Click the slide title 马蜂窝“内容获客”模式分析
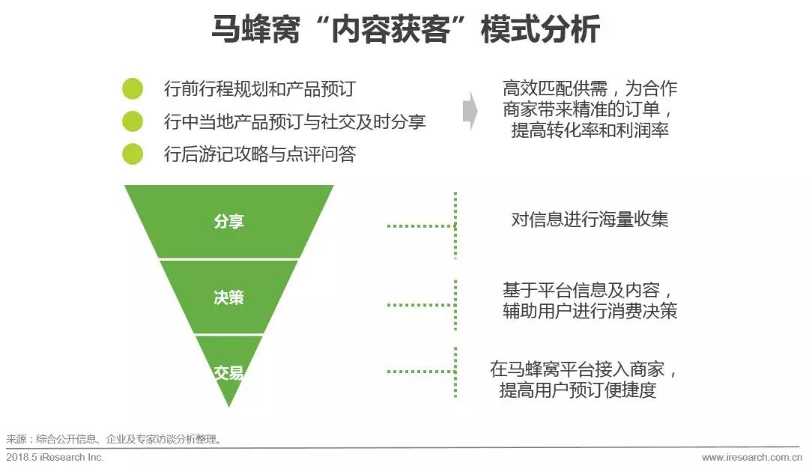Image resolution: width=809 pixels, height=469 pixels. point(405,29)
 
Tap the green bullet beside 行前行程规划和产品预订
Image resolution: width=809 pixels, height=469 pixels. point(133,88)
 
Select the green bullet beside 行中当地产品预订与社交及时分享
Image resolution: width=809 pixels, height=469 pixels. point(133,121)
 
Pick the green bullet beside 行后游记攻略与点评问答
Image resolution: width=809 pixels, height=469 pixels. point(133,154)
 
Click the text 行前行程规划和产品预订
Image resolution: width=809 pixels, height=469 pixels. point(260,88)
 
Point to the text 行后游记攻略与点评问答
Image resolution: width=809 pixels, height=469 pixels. point(260,154)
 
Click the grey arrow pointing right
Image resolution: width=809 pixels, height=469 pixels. point(470,111)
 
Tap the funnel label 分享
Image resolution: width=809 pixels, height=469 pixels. point(228,221)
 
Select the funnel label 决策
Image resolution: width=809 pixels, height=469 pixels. point(228,297)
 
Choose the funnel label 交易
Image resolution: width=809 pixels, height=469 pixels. point(228,372)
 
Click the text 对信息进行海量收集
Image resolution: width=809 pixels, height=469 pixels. point(590,220)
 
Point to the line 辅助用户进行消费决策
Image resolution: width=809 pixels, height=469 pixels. point(590,311)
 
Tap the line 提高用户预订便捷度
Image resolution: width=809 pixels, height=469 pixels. point(578,390)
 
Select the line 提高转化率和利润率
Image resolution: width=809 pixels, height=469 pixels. point(590,130)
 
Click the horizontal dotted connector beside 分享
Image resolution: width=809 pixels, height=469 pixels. point(421,226)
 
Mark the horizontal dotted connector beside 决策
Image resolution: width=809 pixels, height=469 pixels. point(421,305)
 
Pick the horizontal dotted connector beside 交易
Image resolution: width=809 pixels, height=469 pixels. point(421,372)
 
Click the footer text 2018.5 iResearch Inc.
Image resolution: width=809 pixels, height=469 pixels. point(55,458)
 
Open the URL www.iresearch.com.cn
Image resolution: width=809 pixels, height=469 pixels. point(752,458)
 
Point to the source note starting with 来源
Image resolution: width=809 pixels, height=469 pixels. point(114,440)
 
